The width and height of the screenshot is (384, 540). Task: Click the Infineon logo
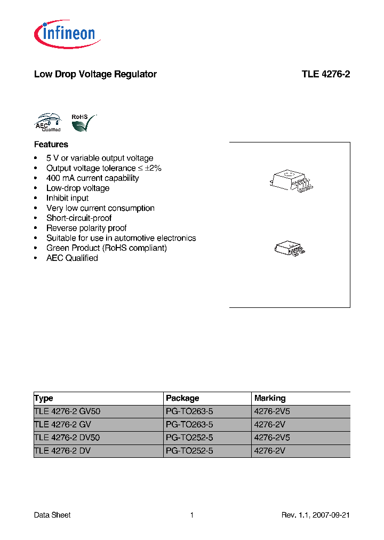tap(67, 35)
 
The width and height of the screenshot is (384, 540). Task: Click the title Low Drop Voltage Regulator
tap(95, 74)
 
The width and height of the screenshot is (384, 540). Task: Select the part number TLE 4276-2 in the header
tap(325, 74)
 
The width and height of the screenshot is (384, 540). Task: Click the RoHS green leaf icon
tap(83, 123)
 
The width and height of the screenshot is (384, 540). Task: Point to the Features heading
tap(51, 145)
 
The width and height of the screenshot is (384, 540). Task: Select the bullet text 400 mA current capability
tap(92, 178)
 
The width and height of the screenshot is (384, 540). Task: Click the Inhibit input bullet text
tap(67, 198)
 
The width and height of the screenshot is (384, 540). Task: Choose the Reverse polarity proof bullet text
tap(86, 228)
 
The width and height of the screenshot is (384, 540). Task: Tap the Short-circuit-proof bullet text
tap(79, 218)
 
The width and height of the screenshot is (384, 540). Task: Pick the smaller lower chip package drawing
tap(289, 248)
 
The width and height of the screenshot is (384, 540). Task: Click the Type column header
tap(44, 398)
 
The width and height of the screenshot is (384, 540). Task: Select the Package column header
tap(182, 398)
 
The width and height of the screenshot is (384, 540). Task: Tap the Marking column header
tap(270, 398)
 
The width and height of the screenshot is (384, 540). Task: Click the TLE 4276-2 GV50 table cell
tap(67, 411)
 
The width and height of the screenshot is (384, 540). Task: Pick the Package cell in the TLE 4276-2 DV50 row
tap(189, 438)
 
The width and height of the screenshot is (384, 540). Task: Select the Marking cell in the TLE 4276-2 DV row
tap(270, 450)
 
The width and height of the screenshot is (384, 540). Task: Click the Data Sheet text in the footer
tap(52, 515)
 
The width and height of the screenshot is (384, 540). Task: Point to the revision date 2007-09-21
tap(332, 515)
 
